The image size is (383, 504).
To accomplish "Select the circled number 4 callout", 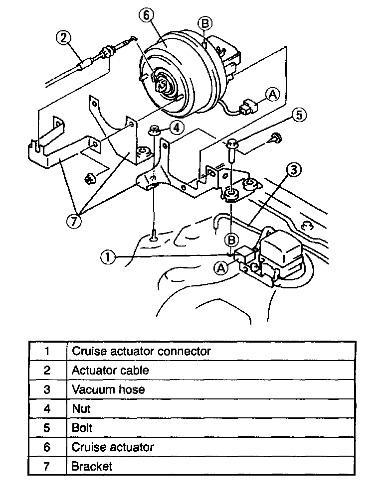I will (x=175, y=127).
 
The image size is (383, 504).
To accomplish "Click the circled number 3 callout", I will (x=294, y=170).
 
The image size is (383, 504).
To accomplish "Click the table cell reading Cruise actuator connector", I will (x=141, y=351).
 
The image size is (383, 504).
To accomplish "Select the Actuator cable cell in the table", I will (x=110, y=370).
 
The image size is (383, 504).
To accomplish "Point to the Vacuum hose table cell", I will (x=108, y=389).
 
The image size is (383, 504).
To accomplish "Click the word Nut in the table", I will (x=81, y=408).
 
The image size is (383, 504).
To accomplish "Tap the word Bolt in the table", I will (x=82, y=427).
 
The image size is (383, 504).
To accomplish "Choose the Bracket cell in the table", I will (x=92, y=466).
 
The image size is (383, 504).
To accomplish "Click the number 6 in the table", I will (x=47, y=447).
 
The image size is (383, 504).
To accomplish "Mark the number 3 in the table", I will (x=47, y=389).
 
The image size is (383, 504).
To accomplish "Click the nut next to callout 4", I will (x=154, y=131).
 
